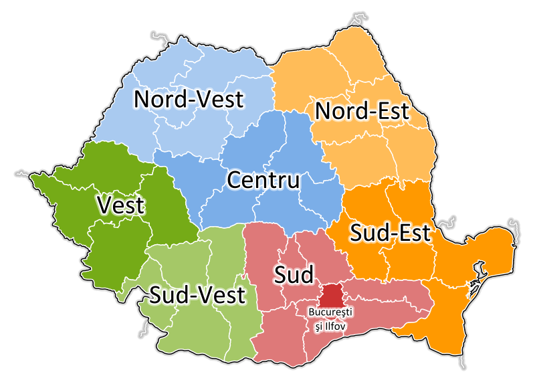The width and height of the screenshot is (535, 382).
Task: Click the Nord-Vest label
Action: tap(189, 99)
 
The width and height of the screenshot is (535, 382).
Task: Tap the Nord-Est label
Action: tap(362, 111)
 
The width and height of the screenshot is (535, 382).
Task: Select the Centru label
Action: tap(263, 180)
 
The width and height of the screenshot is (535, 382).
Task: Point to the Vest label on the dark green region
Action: tap(120, 205)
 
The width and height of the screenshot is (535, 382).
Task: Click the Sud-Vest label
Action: tap(197, 294)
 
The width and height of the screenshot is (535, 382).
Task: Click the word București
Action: tap(330, 312)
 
